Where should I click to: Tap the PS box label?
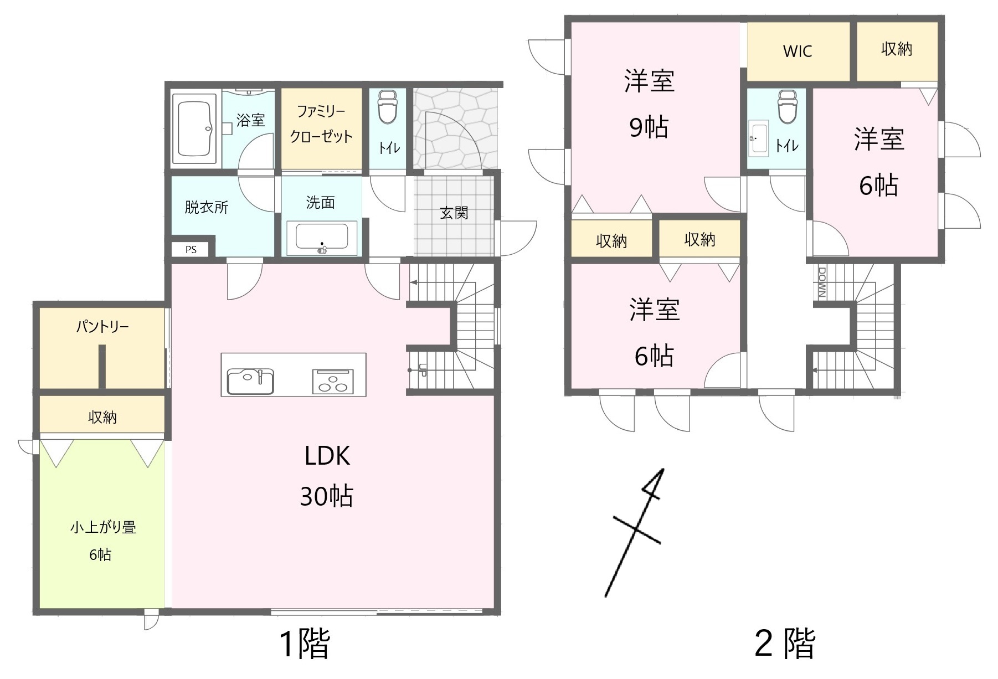(191, 250)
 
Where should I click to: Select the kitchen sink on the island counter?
(250, 381)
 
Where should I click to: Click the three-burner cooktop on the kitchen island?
(332, 382)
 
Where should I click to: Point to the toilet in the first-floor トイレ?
(388, 107)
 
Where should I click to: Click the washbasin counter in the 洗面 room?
(322, 239)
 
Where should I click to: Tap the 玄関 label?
(454, 213)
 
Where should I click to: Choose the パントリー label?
(102, 326)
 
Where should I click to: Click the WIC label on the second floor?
(798, 52)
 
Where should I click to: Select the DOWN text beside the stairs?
(822, 283)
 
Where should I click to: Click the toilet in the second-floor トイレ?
(787, 106)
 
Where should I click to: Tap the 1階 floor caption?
(305, 644)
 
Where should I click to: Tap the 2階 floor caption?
(785, 644)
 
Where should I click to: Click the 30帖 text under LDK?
(327, 496)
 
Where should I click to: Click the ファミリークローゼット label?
(321, 124)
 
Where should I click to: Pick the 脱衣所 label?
(207, 207)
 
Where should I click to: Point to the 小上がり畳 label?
(103, 527)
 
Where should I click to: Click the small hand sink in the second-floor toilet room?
(759, 138)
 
